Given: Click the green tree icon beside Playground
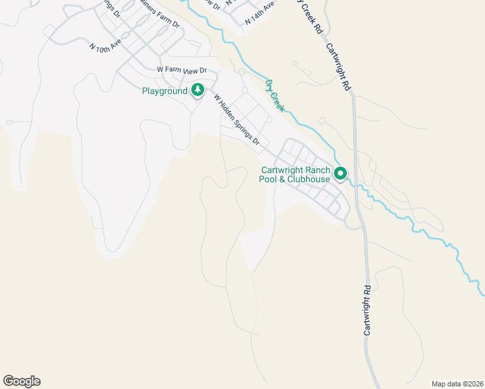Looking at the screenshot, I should point(198,91).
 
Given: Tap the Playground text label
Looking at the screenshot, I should point(165,91).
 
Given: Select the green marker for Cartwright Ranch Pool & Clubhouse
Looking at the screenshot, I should point(340,174).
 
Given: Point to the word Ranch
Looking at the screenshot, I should point(318,170).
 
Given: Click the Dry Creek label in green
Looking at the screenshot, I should point(275,95).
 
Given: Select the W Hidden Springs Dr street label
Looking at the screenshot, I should point(237,120).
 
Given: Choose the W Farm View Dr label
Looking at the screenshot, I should point(182,70).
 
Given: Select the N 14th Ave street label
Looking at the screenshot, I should point(259,13).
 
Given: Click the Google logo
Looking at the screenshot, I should point(21,381).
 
